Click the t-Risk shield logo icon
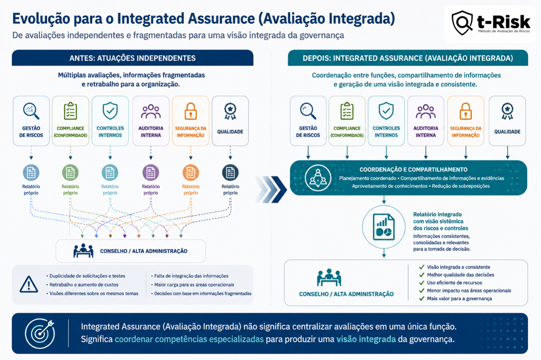pyautogui.click(x=462, y=23)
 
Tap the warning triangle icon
pyautogui.click(x=29, y=284)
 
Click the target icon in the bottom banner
pyautogui.click(x=40, y=333)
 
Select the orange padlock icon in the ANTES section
pyautogui.click(x=191, y=111)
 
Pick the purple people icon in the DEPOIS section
pyautogui.click(x=425, y=112)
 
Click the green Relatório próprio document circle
pyautogui.click(x=70, y=173)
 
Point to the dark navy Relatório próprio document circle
pyautogui.click(x=230, y=173)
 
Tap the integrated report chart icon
pyautogui.click(x=384, y=227)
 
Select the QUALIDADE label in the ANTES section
pyautogui.click(x=230, y=132)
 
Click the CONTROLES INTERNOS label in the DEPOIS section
pyautogui.click(x=386, y=132)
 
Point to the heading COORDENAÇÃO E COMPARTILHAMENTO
pyautogui.click(x=413, y=170)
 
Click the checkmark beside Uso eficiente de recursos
pyautogui.click(x=422, y=283)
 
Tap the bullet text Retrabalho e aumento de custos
pyautogui.click(x=84, y=285)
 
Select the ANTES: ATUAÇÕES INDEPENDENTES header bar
pyautogui.click(x=133, y=58)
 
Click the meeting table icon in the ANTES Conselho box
pyautogui.click(x=83, y=251)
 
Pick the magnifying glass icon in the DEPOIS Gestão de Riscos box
pyautogui.click(x=308, y=111)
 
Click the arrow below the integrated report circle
pyautogui.click(x=384, y=253)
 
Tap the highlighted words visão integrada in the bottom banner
pyautogui.click(x=366, y=339)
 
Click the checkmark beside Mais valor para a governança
pyautogui.click(x=422, y=299)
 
